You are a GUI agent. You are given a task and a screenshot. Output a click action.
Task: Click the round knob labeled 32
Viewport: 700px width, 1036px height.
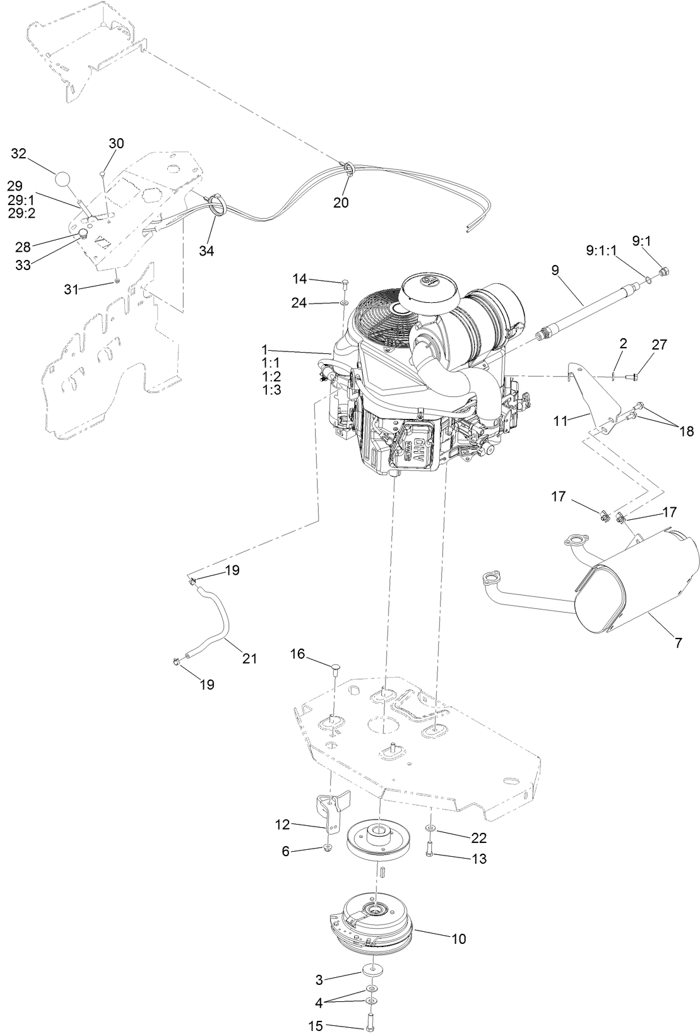(63, 179)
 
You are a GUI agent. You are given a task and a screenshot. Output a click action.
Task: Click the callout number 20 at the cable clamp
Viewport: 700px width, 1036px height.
(341, 203)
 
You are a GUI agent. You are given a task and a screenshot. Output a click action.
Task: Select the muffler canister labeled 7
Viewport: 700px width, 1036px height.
(644, 582)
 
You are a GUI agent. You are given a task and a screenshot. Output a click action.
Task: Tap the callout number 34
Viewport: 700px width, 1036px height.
(206, 250)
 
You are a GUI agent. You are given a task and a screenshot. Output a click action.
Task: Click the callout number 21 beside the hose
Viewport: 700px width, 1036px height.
(250, 658)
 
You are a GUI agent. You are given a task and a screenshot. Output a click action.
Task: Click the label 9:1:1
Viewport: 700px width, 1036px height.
(602, 250)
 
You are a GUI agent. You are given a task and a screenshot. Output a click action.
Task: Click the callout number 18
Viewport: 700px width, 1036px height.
(685, 432)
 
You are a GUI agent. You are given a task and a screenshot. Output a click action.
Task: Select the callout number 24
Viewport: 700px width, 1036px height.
(299, 303)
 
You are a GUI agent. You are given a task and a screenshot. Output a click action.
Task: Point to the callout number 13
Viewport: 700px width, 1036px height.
(479, 859)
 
